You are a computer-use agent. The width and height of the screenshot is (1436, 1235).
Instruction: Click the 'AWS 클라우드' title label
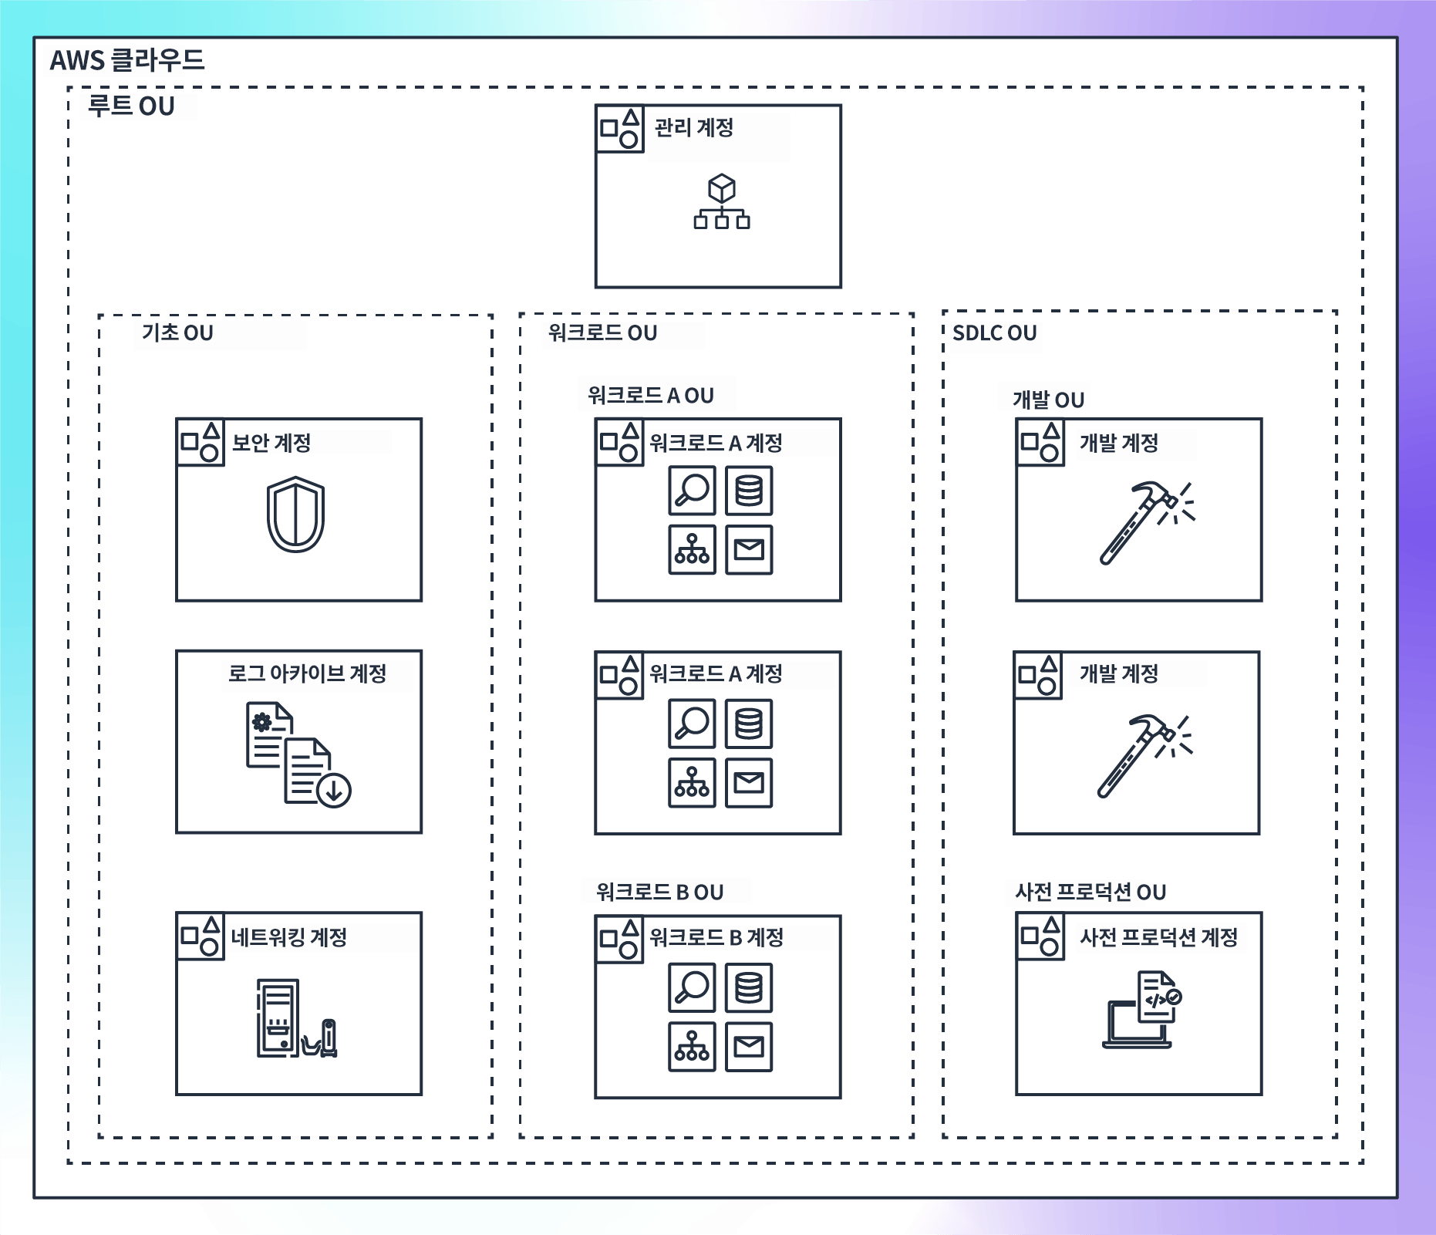127,60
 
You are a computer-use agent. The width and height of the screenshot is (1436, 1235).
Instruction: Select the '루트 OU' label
131,106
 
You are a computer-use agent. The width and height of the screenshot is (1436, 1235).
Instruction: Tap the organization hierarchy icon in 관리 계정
722,202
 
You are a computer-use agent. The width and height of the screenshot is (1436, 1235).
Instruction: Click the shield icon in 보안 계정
295,515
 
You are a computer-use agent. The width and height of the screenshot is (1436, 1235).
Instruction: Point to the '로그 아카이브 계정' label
307,673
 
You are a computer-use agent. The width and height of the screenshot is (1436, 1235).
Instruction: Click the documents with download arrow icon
298,754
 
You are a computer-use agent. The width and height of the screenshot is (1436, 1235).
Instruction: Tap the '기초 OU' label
177,332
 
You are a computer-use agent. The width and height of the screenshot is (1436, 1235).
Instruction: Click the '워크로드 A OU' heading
651,396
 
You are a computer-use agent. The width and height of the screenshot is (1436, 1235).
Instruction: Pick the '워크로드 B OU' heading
660,893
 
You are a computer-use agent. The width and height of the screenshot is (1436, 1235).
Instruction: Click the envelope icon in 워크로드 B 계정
749,1047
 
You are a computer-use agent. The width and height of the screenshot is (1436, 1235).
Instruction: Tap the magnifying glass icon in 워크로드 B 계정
692,987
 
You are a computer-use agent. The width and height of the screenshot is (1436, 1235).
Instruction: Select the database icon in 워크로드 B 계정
749,987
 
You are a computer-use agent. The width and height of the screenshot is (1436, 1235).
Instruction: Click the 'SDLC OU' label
995,333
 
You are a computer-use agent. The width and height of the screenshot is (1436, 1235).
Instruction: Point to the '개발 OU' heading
1048,400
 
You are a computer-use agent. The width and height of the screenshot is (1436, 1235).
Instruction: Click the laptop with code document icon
1142,1010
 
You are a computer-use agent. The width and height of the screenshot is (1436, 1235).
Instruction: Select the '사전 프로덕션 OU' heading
1090,893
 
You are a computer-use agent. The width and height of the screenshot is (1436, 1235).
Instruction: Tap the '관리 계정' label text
694,127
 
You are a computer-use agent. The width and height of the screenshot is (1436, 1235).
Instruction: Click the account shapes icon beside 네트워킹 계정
201,937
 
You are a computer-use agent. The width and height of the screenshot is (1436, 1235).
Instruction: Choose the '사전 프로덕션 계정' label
1158,937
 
